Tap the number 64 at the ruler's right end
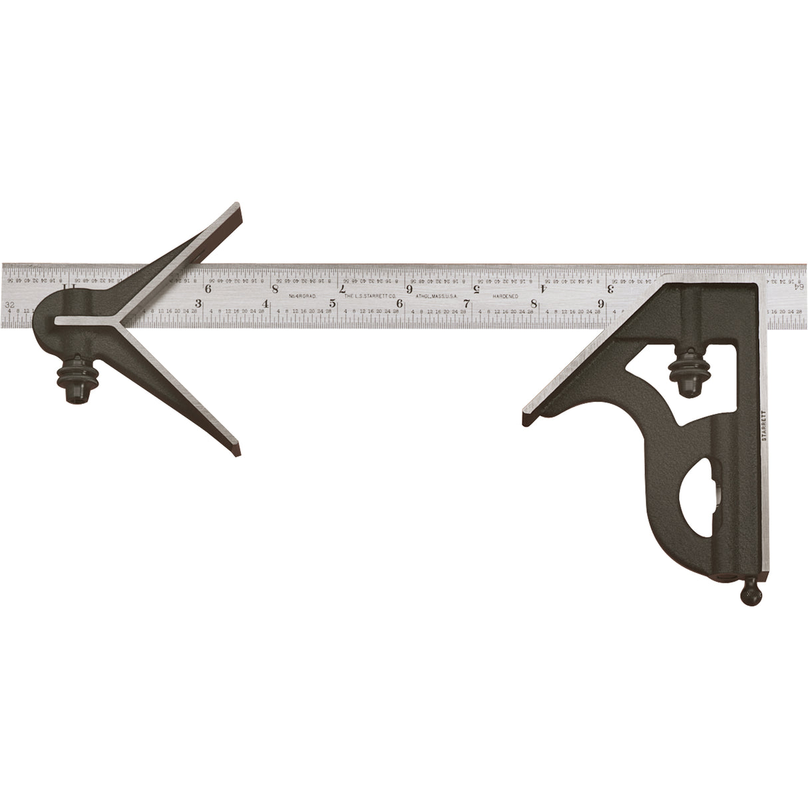coord(798,286)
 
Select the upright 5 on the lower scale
coord(331,304)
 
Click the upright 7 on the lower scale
coord(467,304)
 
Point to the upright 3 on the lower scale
coord(198,303)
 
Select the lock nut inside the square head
coord(685,373)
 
